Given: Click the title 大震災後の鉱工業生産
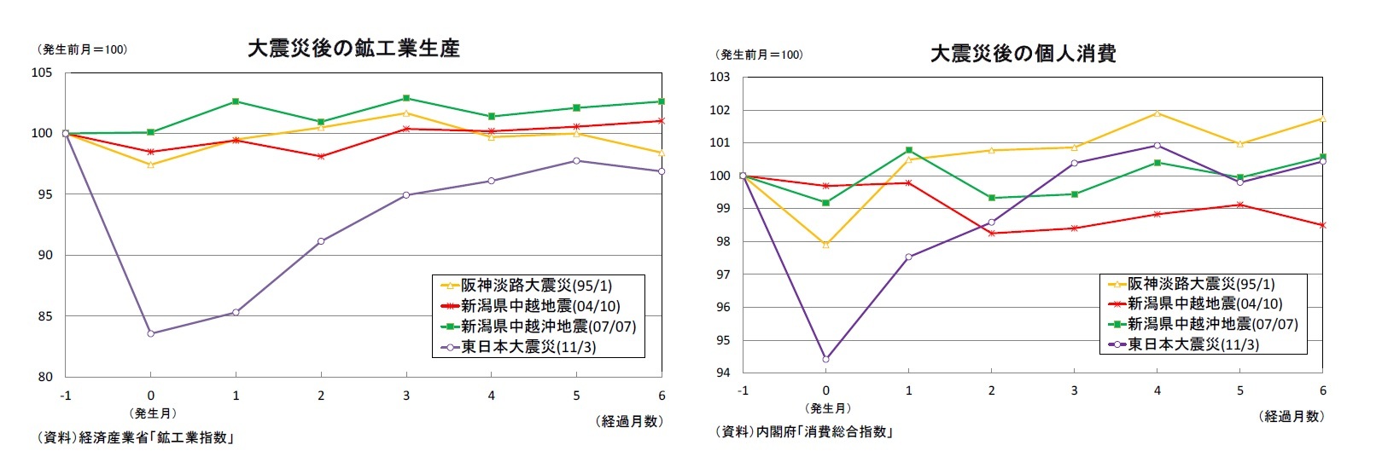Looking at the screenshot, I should (x=353, y=49).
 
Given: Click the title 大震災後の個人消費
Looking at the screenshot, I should (x=1023, y=54).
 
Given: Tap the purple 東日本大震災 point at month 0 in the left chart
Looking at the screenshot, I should (x=151, y=333).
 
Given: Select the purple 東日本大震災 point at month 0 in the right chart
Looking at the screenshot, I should (x=825, y=359).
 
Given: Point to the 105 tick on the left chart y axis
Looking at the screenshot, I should (x=43, y=73).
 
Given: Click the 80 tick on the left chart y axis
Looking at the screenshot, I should (x=45, y=377).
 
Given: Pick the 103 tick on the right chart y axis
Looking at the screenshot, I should (x=720, y=78).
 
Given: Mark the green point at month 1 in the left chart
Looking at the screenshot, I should (x=236, y=101).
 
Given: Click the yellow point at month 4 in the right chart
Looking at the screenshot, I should (x=1157, y=113).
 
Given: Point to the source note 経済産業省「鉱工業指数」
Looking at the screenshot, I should (x=135, y=438).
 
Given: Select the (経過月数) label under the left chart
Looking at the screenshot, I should (x=628, y=421).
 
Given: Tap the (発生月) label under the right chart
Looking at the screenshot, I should (x=827, y=408).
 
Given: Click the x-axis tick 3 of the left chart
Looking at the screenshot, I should (x=406, y=396).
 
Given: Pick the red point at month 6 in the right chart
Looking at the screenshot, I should (x=1322, y=225).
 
